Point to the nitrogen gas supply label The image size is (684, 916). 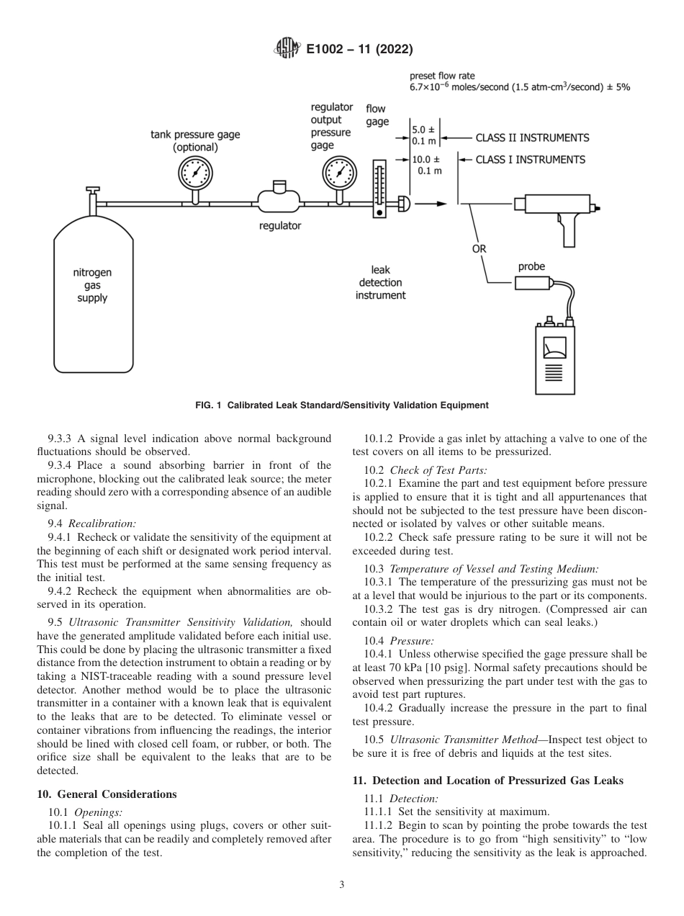click(92, 285)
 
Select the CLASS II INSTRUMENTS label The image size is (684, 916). click(532, 138)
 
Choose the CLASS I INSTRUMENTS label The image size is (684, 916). click(530, 159)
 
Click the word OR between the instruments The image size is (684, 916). click(479, 248)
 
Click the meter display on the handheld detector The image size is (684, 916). click(554, 349)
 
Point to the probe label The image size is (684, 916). click(531, 266)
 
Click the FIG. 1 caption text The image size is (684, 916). click(342, 405)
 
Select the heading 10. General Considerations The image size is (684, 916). click(106, 794)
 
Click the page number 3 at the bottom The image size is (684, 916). click(342, 885)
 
